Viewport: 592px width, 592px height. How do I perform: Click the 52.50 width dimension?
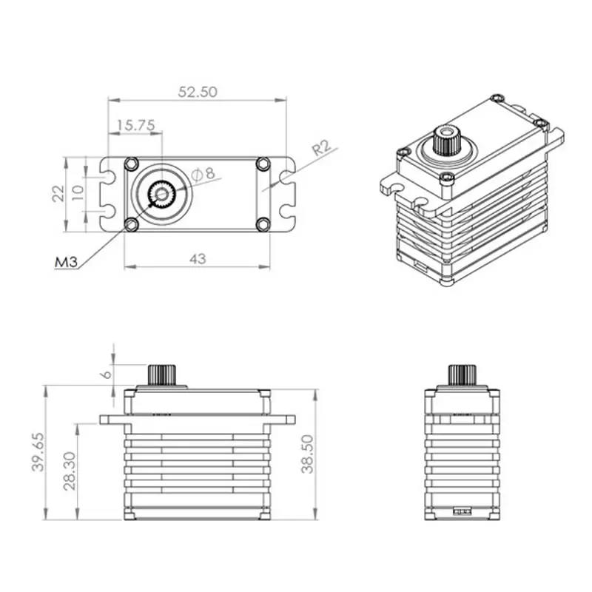[x=197, y=92]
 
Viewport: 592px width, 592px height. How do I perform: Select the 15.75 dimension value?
[x=135, y=126]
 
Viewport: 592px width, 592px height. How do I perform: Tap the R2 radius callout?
[x=321, y=147]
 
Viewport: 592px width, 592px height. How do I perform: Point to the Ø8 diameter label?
[x=202, y=174]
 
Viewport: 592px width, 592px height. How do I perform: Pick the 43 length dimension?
[x=198, y=258]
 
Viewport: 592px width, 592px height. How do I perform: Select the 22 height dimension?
[x=58, y=194]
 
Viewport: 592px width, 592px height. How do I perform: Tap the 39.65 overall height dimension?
[x=38, y=451]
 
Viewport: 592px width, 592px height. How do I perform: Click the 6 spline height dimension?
[x=107, y=374]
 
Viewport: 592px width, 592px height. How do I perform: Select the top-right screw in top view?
[x=263, y=164]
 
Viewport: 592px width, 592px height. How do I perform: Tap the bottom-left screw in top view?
[x=132, y=224]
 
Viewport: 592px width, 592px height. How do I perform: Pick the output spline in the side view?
[x=461, y=374]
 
